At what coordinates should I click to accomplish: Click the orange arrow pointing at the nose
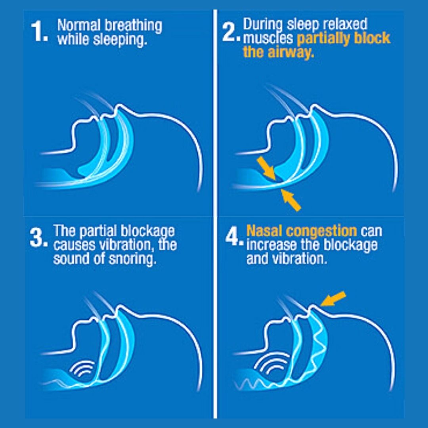click(333, 299)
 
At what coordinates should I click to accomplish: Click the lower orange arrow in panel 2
click(291, 201)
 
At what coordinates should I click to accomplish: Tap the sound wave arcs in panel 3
click(82, 368)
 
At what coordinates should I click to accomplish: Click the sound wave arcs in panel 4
click(271, 363)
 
